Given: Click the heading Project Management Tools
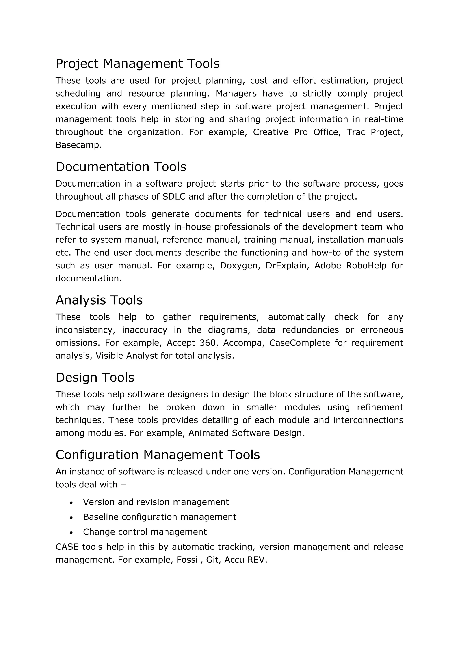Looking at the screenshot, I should coord(137,64).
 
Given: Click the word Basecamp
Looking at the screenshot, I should coord(78,145).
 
